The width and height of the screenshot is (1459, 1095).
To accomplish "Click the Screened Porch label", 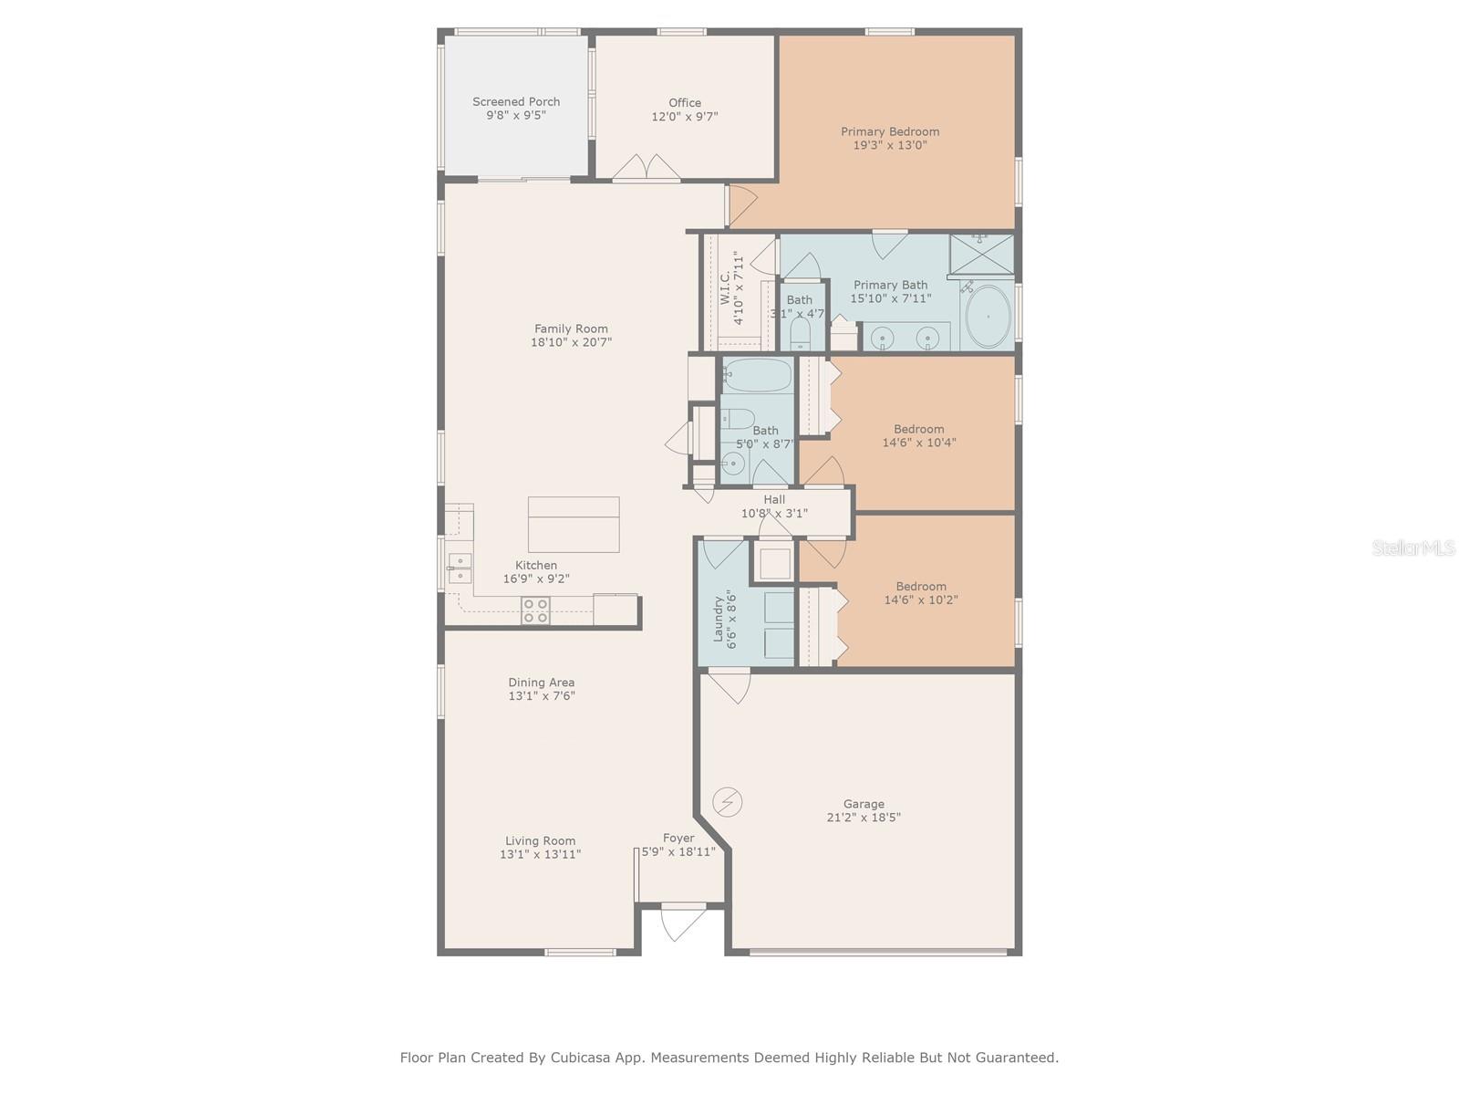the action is (x=516, y=101).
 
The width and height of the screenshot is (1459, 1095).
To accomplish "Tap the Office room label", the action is (x=685, y=103).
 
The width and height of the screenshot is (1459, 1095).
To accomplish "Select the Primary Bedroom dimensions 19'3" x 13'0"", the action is (x=890, y=145).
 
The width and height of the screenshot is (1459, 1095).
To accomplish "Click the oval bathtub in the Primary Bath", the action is (x=988, y=317).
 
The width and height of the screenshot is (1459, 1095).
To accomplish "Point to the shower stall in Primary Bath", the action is (x=981, y=254).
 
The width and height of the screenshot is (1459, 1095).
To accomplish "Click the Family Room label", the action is (x=571, y=328).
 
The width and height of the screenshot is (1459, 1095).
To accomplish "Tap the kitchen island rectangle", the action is (x=574, y=525).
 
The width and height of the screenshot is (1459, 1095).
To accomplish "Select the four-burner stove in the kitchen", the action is (x=535, y=611).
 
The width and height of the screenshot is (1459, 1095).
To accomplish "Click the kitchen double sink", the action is (x=460, y=569).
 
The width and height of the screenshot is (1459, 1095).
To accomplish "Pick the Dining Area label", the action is (x=541, y=683).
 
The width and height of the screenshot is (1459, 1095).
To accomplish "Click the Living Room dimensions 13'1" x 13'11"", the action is (x=541, y=854).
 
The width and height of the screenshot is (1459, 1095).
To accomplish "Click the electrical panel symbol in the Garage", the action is (x=727, y=802).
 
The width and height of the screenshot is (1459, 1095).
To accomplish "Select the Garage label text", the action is (x=864, y=804).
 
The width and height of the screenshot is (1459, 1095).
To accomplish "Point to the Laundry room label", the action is (x=718, y=619).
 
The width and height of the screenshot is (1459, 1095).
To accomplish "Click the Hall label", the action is (x=774, y=499).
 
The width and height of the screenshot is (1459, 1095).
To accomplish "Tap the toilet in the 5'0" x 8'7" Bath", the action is (x=738, y=419).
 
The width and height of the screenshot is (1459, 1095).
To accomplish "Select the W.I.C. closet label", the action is (x=725, y=287).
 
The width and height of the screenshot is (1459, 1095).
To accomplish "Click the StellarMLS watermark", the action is (x=1413, y=547).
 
